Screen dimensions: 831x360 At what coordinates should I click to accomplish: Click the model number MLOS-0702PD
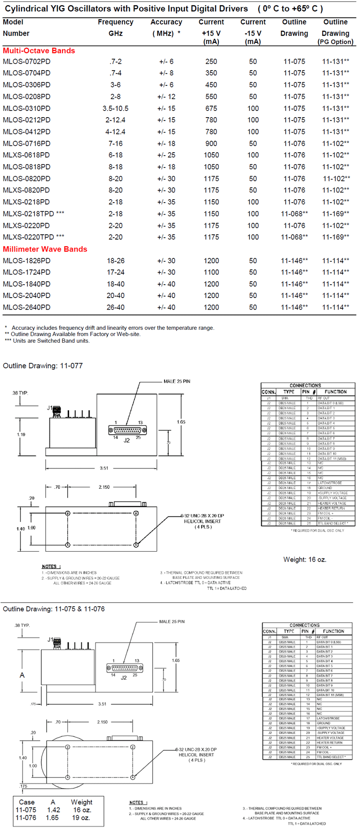[x=26, y=61]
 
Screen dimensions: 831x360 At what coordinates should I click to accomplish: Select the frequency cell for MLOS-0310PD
[x=115, y=108]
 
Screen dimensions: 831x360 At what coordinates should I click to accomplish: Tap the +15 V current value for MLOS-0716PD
[x=211, y=144]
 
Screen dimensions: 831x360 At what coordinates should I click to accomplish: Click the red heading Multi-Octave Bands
[x=39, y=50]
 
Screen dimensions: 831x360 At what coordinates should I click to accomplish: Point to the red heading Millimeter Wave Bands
[x=45, y=249]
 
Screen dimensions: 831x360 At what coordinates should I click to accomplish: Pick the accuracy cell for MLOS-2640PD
[x=166, y=307]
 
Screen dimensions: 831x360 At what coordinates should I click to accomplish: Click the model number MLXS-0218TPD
[x=33, y=214]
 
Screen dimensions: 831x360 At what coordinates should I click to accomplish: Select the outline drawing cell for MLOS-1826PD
[x=294, y=261]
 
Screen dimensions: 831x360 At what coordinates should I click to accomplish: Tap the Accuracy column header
[x=166, y=22]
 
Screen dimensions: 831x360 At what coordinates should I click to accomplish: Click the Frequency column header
[x=115, y=22]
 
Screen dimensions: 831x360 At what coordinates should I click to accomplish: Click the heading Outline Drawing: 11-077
[x=43, y=366]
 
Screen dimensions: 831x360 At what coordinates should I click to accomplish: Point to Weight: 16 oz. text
[x=304, y=559]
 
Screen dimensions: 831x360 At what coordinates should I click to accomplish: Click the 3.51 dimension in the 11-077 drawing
[x=104, y=468]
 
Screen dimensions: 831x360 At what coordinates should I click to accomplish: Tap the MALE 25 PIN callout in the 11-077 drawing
[x=177, y=381]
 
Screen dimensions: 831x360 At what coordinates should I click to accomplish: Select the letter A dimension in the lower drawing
[x=22, y=675]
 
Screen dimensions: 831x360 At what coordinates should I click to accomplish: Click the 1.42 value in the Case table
[x=53, y=810]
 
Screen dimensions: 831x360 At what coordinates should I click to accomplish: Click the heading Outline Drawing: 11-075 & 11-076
[x=54, y=609]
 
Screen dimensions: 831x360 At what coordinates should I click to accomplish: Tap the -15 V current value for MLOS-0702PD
[x=253, y=61]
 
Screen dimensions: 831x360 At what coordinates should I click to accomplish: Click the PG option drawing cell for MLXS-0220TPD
[x=336, y=237]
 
